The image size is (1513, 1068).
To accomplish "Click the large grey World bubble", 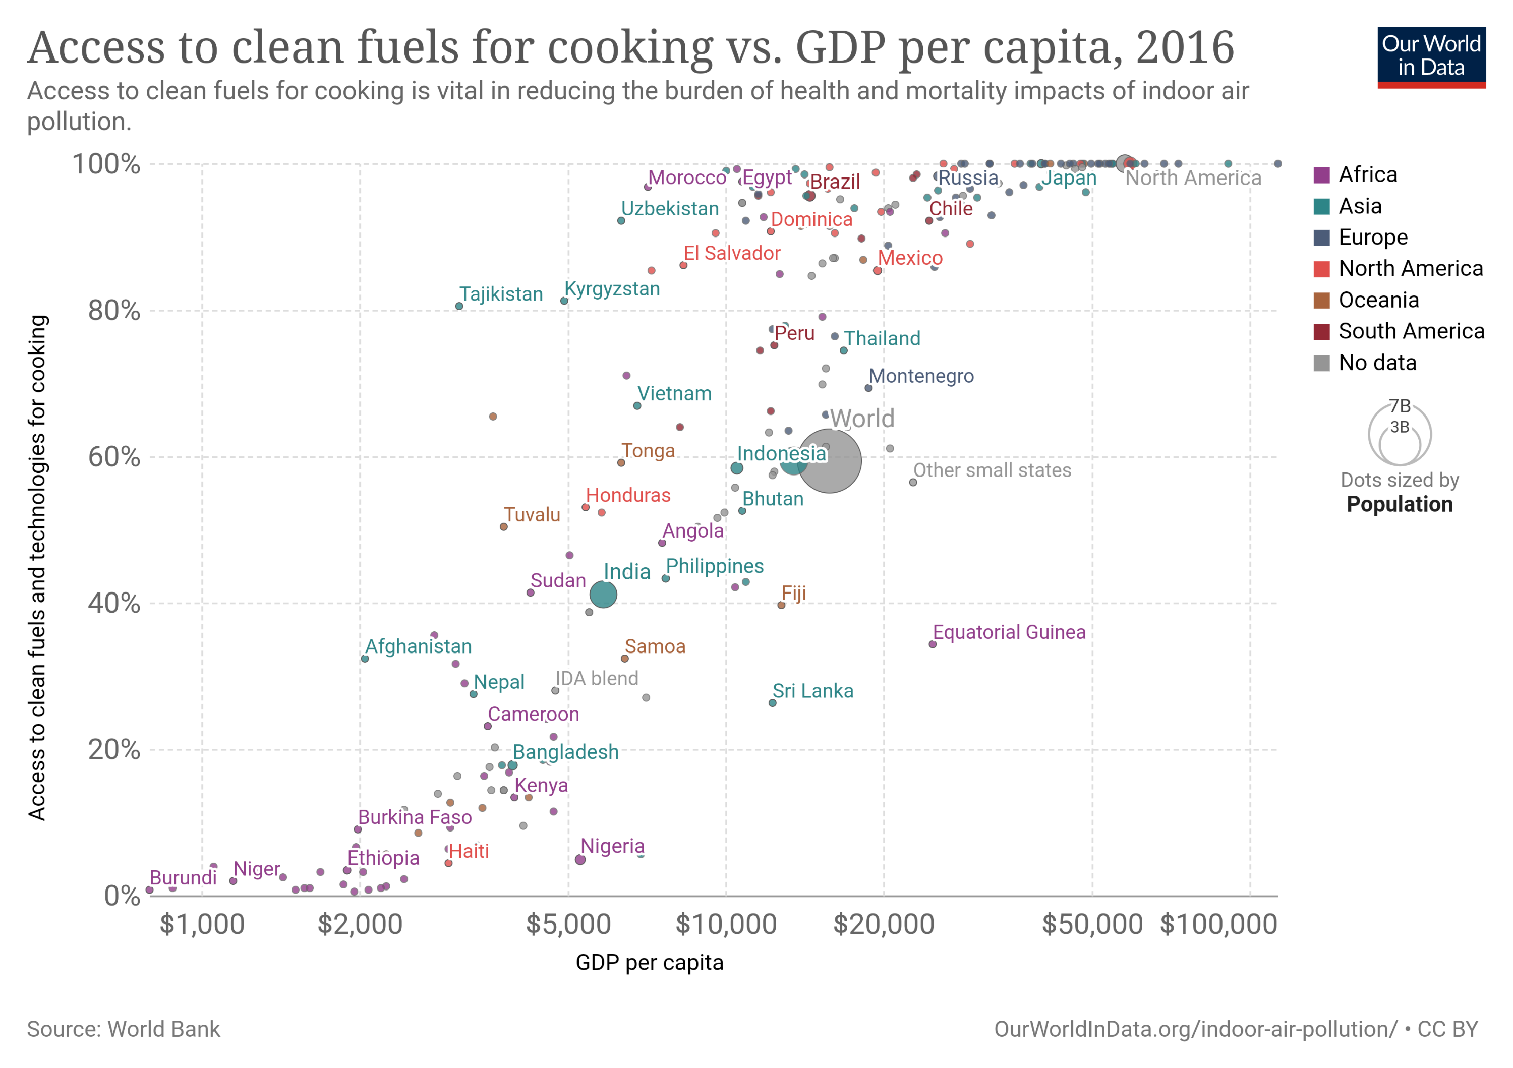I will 829,460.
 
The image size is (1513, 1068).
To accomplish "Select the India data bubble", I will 603,595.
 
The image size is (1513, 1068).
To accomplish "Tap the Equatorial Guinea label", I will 1008,632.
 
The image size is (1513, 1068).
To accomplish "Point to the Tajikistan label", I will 501,294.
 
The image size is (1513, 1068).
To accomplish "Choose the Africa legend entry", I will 1367,174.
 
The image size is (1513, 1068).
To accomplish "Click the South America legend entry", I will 1411,331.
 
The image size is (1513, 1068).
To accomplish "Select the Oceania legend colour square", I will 1321,300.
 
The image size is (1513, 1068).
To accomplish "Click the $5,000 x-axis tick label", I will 568,924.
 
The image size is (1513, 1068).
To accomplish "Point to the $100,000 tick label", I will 1218,924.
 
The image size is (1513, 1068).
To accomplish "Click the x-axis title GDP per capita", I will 649,963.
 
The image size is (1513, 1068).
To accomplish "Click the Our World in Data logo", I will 1431,56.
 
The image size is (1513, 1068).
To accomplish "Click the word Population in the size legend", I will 1399,504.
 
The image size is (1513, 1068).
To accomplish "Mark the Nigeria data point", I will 580,860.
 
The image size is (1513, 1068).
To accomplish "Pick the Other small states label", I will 992,470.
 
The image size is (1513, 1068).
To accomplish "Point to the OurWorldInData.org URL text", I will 1195,1029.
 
